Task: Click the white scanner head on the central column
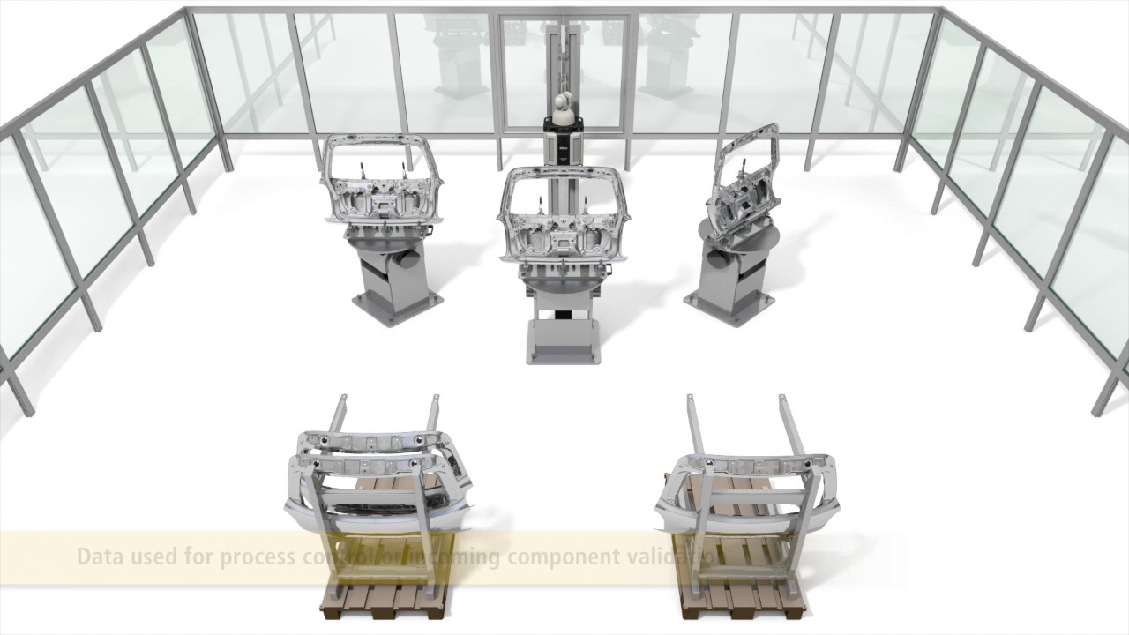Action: point(562,110)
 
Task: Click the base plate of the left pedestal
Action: point(397,310)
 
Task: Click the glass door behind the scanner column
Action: point(600,71)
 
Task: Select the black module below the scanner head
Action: point(562,146)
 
